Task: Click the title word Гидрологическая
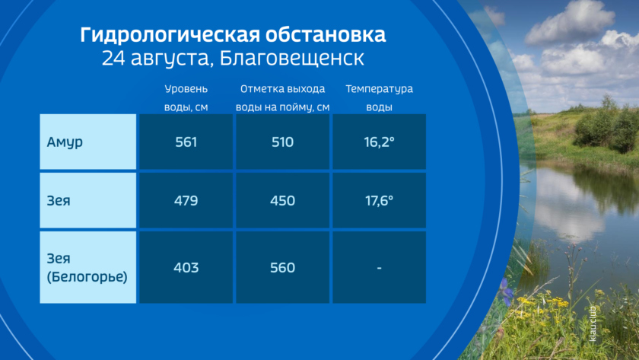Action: click(170, 35)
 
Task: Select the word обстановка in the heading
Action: click(326, 35)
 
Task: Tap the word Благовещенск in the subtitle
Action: click(292, 58)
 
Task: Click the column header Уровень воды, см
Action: click(186, 98)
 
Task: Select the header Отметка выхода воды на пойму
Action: click(282, 98)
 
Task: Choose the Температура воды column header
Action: click(379, 98)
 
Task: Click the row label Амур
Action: click(65, 142)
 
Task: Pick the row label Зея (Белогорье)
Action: click(87, 267)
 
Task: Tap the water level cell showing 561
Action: click(186, 142)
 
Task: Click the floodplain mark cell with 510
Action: click(282, 142)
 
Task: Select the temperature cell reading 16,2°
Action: click(379, 142)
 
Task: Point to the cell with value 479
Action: click(186, 201)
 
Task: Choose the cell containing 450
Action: click(282, 201)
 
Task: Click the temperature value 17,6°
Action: click(379, 201)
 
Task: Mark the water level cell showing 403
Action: click(186, 267)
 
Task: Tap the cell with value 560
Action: click(282, 267)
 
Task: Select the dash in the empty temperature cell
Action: click(379, 268)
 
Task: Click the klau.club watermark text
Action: click(593, 323)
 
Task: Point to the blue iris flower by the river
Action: click(505, 290)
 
